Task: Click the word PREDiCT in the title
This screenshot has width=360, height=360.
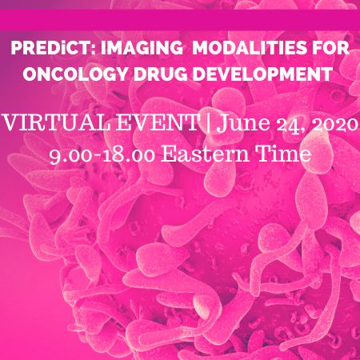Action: pyautogui.click(x=46, y=46)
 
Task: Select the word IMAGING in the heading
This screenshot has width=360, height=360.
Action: pyautogui.click(x=124, y=46)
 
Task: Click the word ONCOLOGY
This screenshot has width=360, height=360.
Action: pyautogui.click(x=77, y=74)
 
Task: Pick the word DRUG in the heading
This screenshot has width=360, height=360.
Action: pyautogui.click(x=162, y=74)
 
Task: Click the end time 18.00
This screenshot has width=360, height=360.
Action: pyautogui.click(x=125, y=153)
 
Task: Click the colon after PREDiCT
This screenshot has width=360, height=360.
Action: pyautogui.click(x=86, y=48)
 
